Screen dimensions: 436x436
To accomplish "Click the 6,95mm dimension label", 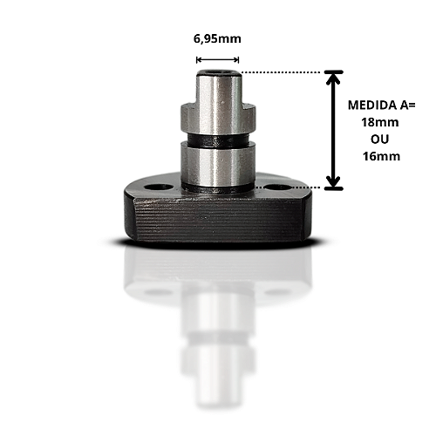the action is (217, 39).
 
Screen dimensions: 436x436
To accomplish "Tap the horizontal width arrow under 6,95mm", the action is (217, 60).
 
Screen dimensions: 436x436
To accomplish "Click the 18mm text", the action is (380, 122).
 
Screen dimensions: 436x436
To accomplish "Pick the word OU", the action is (380, 140).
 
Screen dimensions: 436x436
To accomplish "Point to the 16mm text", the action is (381, 156).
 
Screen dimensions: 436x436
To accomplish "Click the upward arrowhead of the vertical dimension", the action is (334, 79).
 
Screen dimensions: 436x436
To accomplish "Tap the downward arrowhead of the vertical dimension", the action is (334, 181).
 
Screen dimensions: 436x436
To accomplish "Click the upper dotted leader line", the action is (281, 72).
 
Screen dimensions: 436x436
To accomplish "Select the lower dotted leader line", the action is (290, 187).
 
